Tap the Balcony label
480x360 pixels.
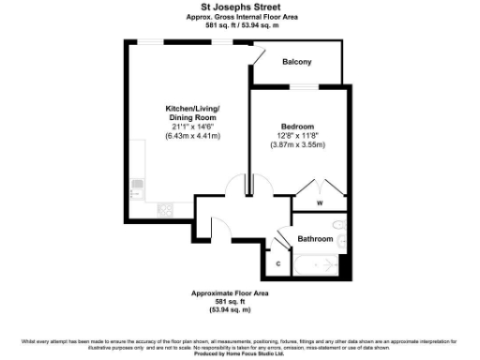[x=297, y=62]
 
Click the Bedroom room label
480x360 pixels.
[x=297, y=126]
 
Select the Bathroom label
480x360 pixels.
[x=316, y=239]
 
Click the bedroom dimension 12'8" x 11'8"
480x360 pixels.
[x=297, y=136]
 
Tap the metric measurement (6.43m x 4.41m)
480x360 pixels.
[x=191, y=137]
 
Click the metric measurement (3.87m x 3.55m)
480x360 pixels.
[x=297, y=145]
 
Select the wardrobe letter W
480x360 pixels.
[x=319, y=202]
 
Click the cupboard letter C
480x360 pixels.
[x=278, y=263]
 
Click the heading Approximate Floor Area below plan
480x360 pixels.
[x=230, y=293]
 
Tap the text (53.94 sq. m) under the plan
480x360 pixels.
[x=230, y=309]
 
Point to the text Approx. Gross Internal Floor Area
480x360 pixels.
[x=240, y=17]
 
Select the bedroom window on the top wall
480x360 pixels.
[x=302, y=87]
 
